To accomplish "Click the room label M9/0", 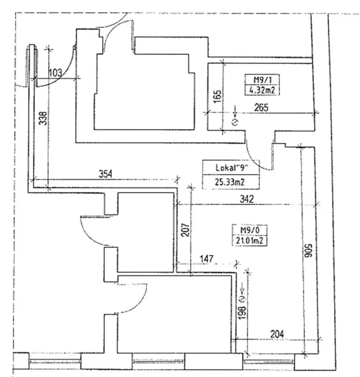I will click(x=247, y=230).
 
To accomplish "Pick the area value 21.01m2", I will click(x=247, y=241).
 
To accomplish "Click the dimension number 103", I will click(x=55, y=73).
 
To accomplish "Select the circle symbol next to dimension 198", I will click(x=242, y=298).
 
